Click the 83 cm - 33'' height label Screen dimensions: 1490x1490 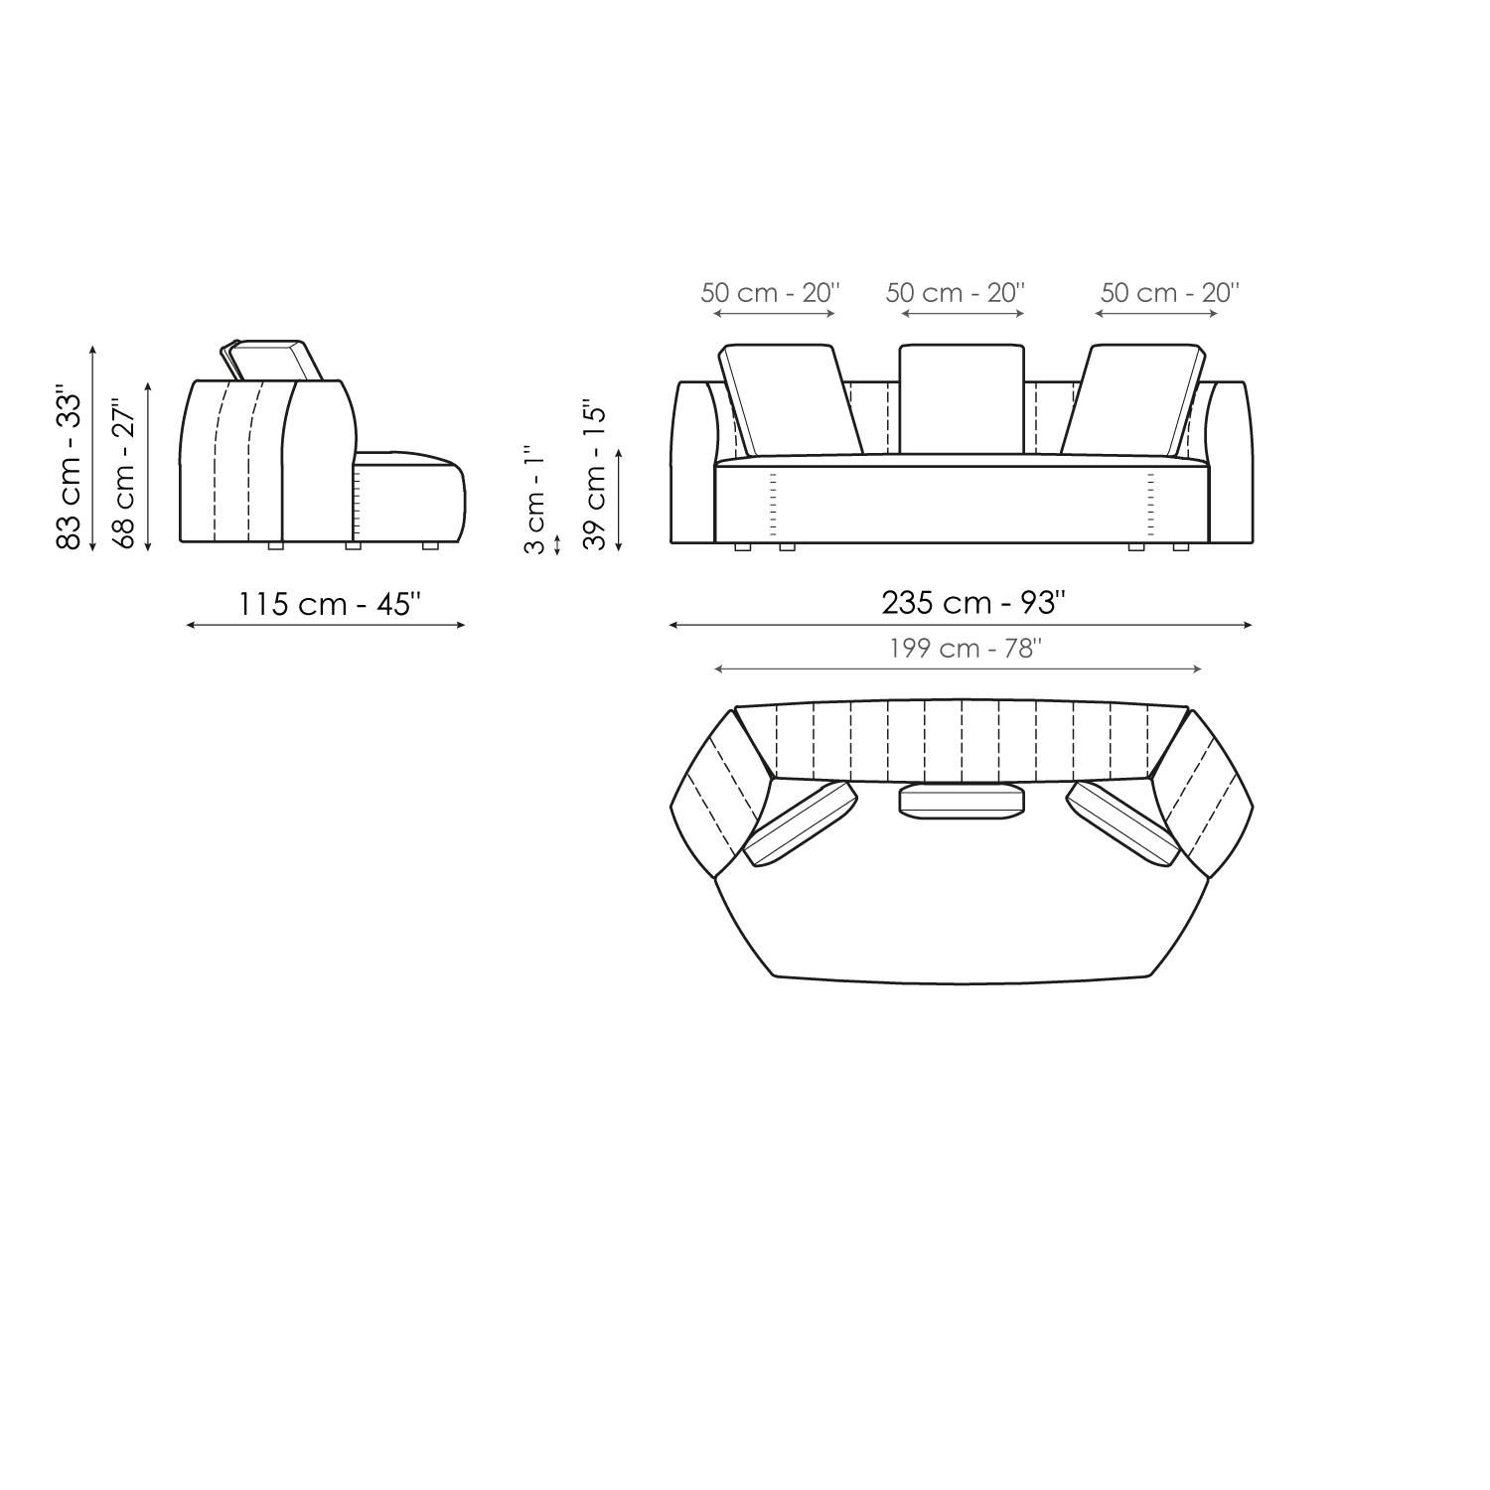69,467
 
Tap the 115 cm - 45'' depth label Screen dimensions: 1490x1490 329,603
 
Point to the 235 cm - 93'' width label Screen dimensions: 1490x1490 973,602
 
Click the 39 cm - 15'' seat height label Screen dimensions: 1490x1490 594,475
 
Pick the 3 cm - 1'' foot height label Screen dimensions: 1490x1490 534,500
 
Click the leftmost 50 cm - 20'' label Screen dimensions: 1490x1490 770,293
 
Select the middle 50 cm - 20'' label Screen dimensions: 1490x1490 955,293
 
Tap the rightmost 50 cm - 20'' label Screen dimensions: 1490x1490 1169,293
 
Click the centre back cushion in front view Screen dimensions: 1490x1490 961,398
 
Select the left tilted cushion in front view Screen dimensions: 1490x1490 791,399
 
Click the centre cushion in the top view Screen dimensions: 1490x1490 961,801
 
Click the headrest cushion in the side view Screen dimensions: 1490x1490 270,360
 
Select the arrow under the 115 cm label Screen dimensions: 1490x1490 326,625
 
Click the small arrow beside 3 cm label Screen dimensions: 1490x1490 557,544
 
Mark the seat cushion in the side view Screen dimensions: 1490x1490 409,497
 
